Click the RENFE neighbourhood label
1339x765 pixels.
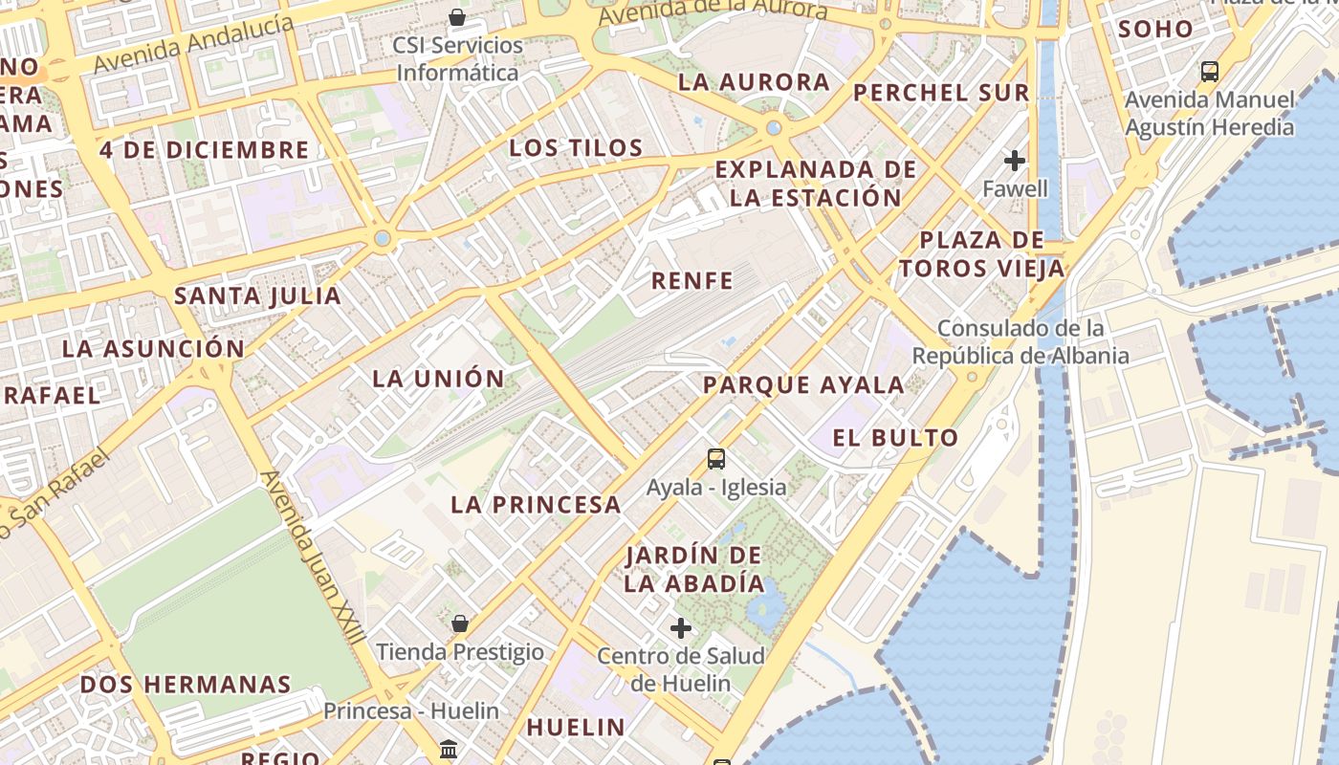692,281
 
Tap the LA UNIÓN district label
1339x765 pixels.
438,379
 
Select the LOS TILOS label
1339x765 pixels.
576,148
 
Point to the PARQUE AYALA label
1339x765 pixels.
803,385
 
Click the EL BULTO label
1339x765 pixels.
895,439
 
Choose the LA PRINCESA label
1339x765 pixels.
536,505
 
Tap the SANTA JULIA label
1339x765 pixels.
257,296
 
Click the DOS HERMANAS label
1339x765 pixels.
186,685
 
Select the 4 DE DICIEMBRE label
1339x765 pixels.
205,150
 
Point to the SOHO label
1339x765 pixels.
1156,30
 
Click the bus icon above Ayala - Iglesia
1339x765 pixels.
716,459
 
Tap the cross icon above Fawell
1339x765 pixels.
1015,161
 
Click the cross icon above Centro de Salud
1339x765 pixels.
681,628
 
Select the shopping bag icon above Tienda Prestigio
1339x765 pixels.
460,623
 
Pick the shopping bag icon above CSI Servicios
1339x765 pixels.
457,17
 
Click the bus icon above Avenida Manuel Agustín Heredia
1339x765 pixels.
1210,71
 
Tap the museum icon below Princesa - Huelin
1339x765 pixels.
449,749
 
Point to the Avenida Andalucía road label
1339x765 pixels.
194,44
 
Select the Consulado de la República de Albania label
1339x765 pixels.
1021,342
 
